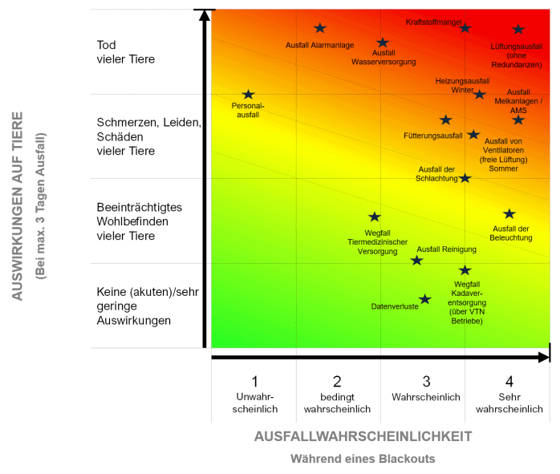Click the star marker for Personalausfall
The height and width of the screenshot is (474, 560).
coord(248,95)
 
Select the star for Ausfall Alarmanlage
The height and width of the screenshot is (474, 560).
coord(320,28)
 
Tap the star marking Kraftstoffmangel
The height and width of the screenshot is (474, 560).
coord(465,28)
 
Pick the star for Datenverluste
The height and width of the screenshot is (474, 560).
coord(425,299)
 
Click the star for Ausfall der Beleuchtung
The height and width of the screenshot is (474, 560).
coord(509,213)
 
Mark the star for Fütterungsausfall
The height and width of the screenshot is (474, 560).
coord(446,120)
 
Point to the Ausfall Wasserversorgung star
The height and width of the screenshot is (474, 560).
coord(383,43)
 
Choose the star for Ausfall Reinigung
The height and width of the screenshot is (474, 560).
coord(416,260)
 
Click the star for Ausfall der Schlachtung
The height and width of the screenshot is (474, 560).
coord(465,177)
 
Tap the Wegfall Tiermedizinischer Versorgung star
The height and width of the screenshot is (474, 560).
coord(374,217)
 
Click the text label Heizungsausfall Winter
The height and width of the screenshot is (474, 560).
coord(462,85)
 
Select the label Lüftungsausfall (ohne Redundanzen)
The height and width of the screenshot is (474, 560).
coord(516,55)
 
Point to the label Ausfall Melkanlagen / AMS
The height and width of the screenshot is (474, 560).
coord(518,101)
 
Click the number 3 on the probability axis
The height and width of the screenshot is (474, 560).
coord(426,381)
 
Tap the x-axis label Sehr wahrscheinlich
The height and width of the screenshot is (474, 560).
coord(509,403)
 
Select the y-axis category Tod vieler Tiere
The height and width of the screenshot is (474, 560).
coord(125,52)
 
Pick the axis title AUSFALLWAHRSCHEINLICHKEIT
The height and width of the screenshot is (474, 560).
coord(363,436)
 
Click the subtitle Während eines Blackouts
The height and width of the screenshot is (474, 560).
coord(363,459)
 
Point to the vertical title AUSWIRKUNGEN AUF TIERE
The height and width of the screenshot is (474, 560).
coord(18,205)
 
